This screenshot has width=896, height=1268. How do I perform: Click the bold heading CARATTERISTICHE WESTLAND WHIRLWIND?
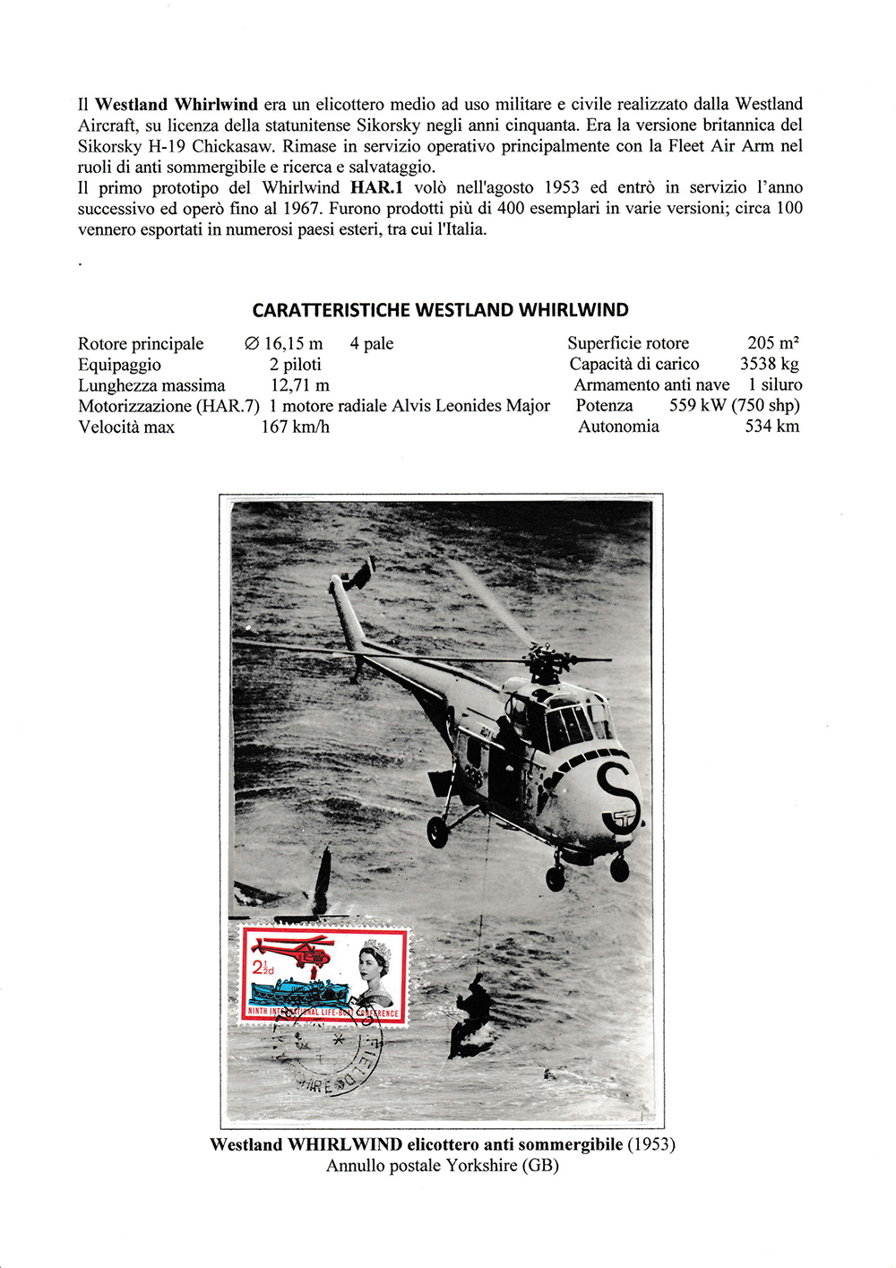440,310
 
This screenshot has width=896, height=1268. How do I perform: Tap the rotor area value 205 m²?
772,343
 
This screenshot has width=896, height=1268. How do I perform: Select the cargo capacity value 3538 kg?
769,364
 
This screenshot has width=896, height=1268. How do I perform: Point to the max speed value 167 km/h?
295,427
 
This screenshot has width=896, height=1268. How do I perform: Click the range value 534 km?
771,427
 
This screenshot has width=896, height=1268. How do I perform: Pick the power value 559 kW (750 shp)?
734,405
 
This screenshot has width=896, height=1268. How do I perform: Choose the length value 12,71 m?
299,385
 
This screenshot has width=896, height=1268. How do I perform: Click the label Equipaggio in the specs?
119,365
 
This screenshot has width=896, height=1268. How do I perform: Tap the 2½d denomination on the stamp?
263,967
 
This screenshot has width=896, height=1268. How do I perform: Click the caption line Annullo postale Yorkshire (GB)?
442,1166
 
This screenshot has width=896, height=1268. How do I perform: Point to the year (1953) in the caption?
650,1144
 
